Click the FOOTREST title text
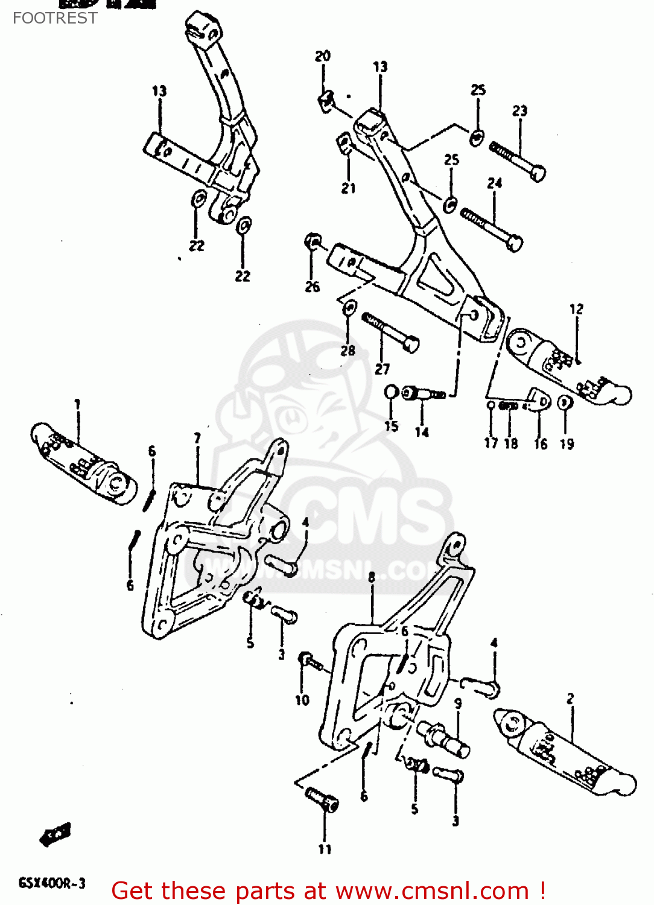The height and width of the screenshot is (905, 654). point(55,18)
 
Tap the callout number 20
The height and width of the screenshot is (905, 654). point(323,56)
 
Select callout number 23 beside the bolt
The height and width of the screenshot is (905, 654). point(520,111)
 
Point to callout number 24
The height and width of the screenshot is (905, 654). point(495,183)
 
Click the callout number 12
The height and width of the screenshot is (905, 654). point(576,309)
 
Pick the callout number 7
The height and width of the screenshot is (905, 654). point(197,438)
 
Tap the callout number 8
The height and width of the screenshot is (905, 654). point(372,577)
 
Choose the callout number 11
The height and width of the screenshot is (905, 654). point(325,849)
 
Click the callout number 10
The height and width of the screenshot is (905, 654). point(302,700)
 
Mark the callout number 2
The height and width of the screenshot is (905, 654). point(570,699)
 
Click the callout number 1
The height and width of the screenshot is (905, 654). point(77,404)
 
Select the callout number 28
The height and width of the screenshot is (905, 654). point(348,351)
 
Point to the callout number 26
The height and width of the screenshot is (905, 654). point(313,287)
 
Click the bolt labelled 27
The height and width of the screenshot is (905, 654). point(390,332)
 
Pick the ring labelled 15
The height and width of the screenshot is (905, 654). point(392,393)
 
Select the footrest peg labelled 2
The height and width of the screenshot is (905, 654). point(564,752)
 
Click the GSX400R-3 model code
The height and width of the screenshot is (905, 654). point(52,884)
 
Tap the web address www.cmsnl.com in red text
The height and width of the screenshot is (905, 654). point(432,891)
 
